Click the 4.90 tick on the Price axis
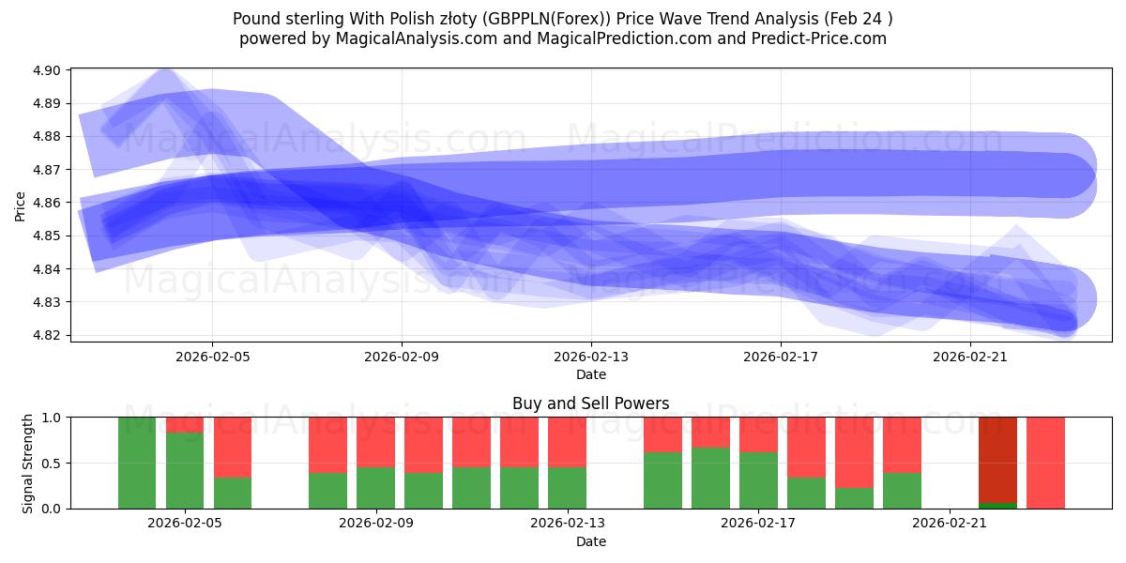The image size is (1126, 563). click(47, 70)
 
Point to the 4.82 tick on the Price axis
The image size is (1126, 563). click(47, 335)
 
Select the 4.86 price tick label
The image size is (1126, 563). click(47, 203)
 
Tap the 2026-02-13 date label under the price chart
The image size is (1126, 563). click(591, 357)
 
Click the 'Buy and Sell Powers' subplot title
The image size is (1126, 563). click(590, 403)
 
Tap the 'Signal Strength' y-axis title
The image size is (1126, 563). click(28, 463)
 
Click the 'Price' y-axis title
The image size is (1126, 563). click(21, 205)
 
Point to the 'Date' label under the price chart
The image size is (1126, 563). click(590, 374)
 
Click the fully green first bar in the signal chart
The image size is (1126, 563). click(137, 463)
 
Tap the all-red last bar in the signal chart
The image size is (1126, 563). click(1045, 463)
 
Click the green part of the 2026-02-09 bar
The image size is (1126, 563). click(375, 488)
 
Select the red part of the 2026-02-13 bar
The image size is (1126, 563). click(567, 441)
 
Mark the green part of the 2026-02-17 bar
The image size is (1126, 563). click(757, 480)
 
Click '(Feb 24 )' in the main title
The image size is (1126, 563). click(857, 18)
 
